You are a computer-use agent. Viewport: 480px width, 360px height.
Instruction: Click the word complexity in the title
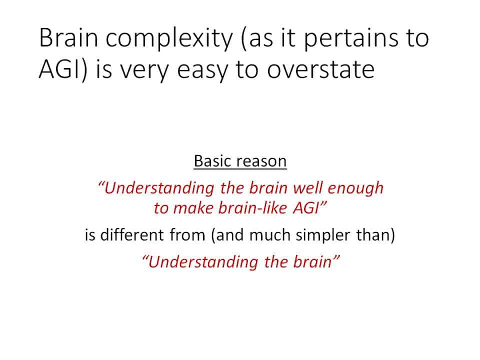(x=169, y=39)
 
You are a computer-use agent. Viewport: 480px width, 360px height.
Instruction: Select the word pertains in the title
(x=351, y=39)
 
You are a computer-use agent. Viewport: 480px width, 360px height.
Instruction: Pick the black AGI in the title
(x=59, y=69)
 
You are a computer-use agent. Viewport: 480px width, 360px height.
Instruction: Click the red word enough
(x=355, y=188)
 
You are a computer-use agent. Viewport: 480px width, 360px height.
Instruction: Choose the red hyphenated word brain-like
(x=253, y=208)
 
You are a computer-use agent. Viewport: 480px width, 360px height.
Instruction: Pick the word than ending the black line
(x=372, y=235)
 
